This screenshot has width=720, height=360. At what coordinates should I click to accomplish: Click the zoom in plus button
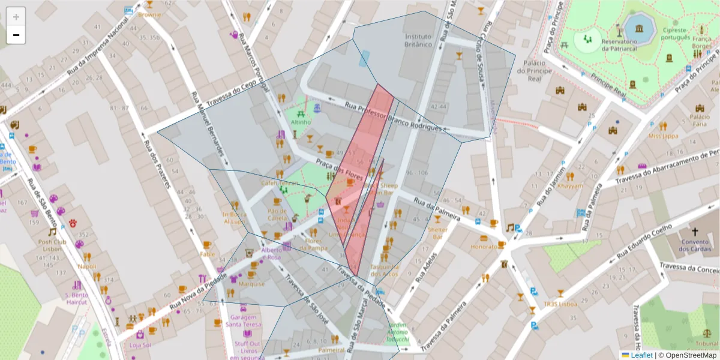[x=16, y=17]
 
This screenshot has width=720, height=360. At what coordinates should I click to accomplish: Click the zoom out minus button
[x=16, y=35]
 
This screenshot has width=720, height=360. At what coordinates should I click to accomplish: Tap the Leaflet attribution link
[x=641, y=355]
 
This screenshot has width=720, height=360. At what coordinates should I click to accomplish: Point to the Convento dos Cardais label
[x=695, y=247]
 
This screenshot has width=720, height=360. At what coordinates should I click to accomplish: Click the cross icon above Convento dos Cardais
[x=695, y=232]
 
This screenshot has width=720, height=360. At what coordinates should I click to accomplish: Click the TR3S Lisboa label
[x=560, y=304]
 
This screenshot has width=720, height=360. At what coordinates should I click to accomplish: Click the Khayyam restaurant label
[x=569, y=186]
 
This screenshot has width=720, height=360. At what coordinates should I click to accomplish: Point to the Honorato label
[x=484, y=246]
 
